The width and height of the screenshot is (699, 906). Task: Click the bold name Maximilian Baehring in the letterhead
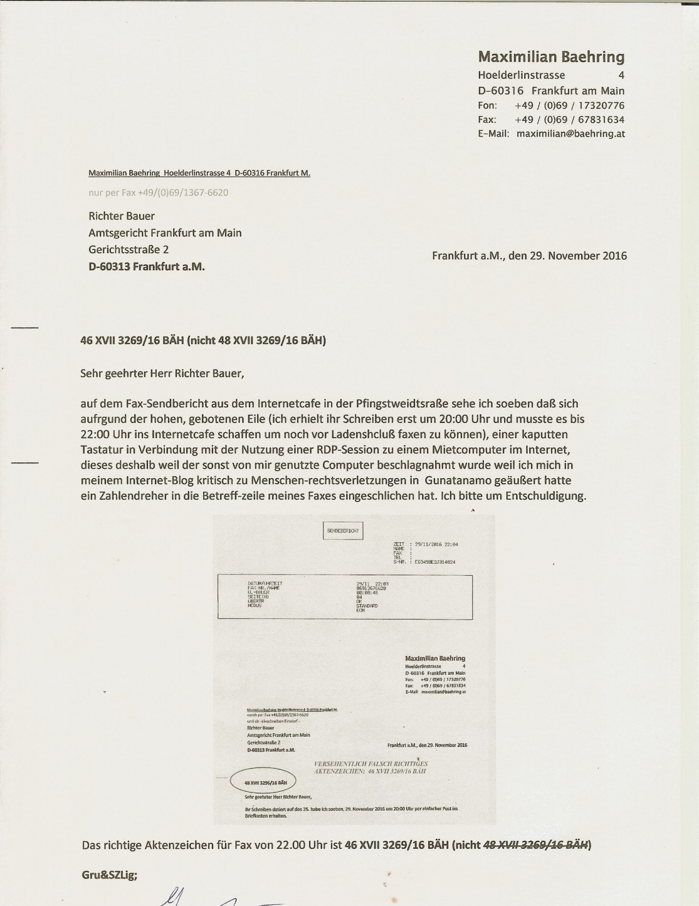[x=551, y=57]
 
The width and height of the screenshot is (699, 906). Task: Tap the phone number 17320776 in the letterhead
[x=601, y=105]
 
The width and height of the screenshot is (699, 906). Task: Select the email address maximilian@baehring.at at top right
[x=571, y=134]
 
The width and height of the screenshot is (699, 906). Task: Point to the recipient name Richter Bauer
[x=122, y=216]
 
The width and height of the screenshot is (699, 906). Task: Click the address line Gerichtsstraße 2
[x=128, y=249]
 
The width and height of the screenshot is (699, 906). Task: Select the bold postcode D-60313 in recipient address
[x=109, y=267]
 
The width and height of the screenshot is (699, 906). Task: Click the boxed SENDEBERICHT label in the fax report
[x=343, y=531]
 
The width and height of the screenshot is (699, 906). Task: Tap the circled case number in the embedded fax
[x=265, y=782]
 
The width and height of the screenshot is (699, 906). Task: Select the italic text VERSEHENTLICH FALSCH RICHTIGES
[x=371, y=764]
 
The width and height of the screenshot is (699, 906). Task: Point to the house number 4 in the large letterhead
[x=621, y=75]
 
